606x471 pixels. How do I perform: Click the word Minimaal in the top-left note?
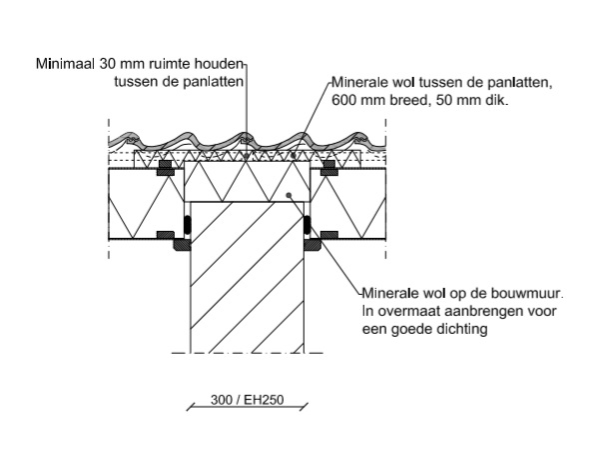pos(62,64)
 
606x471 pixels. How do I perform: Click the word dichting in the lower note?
pos(458,330)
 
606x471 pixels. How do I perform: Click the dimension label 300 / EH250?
pos(247,401)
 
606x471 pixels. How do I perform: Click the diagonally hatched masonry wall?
pos(247,280)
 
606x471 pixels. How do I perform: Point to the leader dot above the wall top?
pos(287,195)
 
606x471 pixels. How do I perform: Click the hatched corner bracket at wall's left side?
pos(182,243)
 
